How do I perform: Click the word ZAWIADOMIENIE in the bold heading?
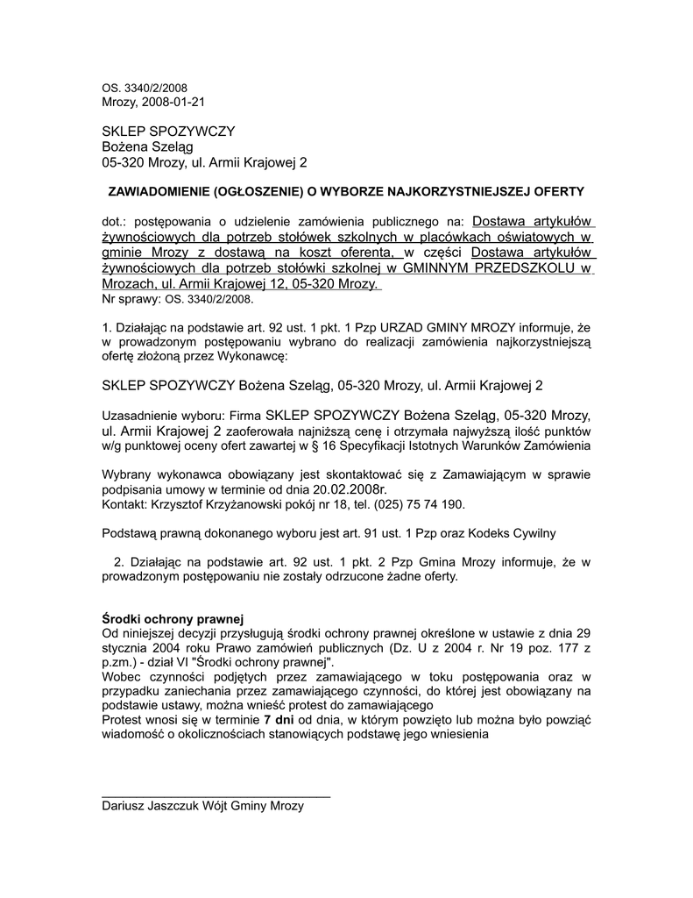(x=156, y=191)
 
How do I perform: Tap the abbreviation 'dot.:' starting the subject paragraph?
(x=116, y=221)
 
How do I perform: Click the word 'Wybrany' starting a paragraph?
(x=128, y=474)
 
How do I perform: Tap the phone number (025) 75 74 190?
(x=415, y=506)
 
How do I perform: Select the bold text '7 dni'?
(x=279, y=720)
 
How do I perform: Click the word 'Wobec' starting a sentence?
(x=122, y=677)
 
